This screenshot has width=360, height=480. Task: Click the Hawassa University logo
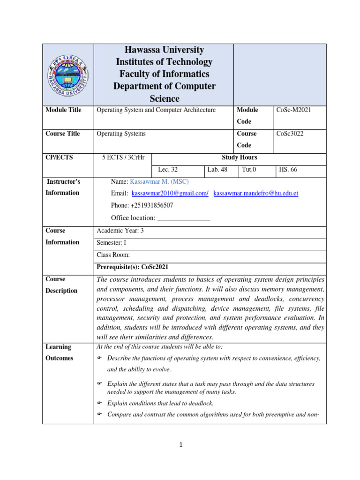click(x=68, y=75)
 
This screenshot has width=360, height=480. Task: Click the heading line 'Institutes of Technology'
click(x=164, y=62)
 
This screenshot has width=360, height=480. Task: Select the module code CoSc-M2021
click(x=293, y=110)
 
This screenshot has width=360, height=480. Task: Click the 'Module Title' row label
click(x=63, y=110)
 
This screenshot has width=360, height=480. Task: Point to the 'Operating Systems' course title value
click(x=121, y=134)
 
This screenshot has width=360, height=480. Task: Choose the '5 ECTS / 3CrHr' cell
click(x=123, y=158)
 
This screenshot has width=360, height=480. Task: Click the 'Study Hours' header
click(x=239, y=158)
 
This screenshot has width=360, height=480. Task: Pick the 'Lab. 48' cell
click(x=217, y=170)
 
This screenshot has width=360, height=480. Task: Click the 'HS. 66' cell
click(x=288, y=170)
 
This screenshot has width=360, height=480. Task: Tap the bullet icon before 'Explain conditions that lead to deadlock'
click(x=99, y=403)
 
